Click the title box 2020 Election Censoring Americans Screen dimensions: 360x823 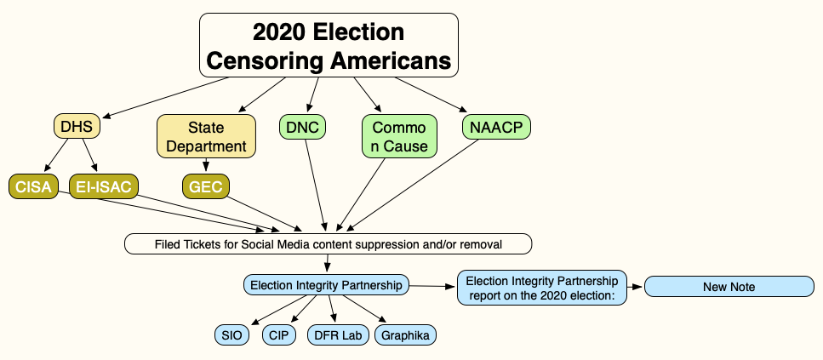pyautogui.click(x=329, y=46)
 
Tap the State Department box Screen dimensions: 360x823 pyautogui.click(x=206, y=137)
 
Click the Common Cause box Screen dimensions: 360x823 pyautogui.click(x=399, y=137)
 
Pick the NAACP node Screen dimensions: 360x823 pyautogui.click(x=497, y=127)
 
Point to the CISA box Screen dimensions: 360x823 pyautogui.click(x=33, y=186)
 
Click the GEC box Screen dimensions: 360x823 pyautogui.click(x=207, y=186)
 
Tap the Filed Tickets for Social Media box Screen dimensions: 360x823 pyautogui.click(x=329, y=244)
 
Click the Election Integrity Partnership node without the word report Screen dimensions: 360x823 pyautogui.click(x=326, y=285)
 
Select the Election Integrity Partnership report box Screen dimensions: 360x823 pyautogui.click(x=542, y=287)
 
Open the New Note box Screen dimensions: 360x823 pyautogui.click(x=729, y=287)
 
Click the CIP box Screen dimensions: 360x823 pyautogui.click(x=279, y=335)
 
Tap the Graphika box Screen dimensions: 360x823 pyautogui.click(x=404, y=335)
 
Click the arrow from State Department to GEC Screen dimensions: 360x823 pyautogui.click(x=206, y=166)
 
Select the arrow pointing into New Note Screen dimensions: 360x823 pyautogui.click(x=635, y=287)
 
